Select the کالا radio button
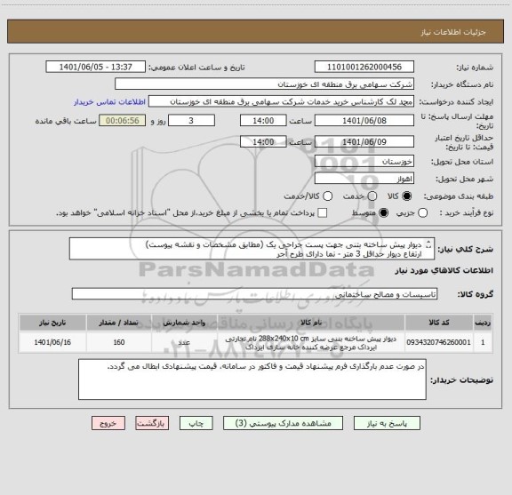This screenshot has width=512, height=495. coord(407,196)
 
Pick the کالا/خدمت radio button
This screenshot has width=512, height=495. coord(329,196)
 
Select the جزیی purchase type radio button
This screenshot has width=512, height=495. coord(422,212)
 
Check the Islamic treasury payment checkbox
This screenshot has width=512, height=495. coord(322,212)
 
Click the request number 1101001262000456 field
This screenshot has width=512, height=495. coord(368,68)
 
